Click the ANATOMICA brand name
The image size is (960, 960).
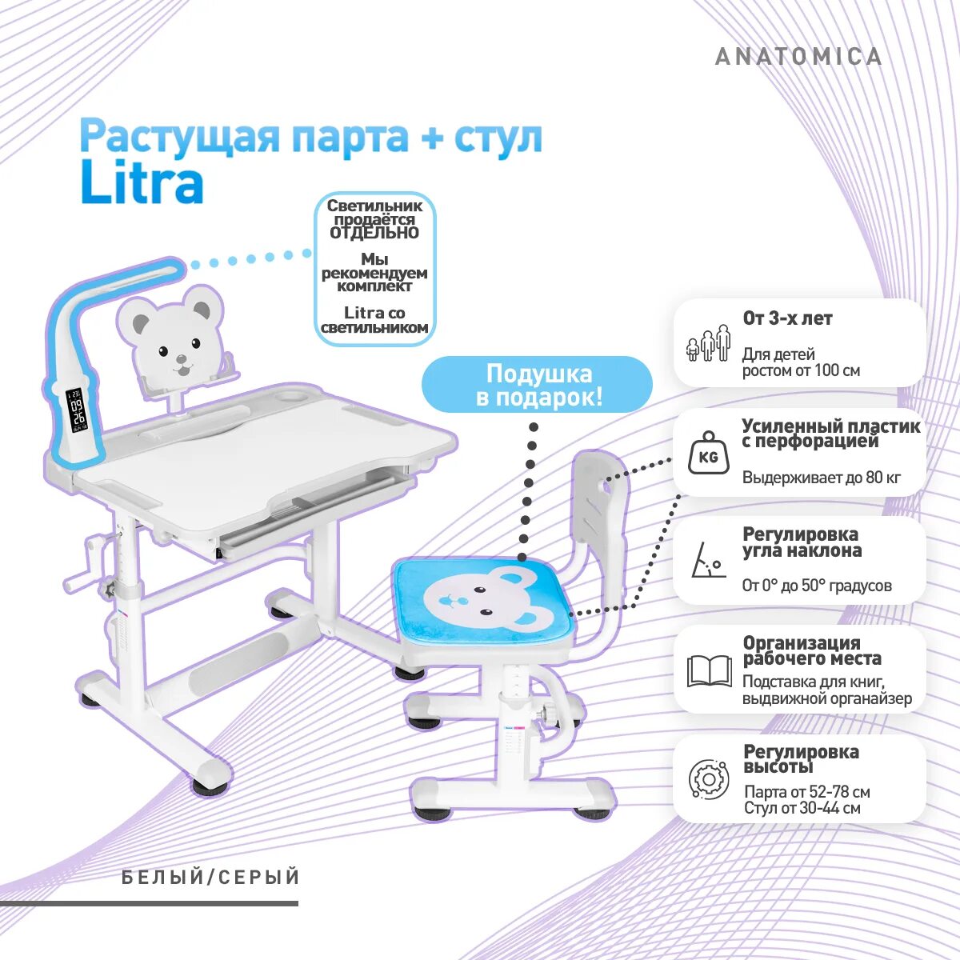tap(798, 57)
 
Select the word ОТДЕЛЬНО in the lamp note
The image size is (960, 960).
tap(374, 233)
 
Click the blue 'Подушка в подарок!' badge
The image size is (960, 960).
tap(538, 386)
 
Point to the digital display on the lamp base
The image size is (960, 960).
tap(77, 410)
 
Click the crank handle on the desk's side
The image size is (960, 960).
tap(88, 565)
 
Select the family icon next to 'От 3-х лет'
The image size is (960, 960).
tap(709, 344)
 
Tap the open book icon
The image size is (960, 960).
tap(710, 671)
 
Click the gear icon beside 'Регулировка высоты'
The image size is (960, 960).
tap(709, 778)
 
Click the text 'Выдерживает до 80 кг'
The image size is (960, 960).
tap(821, 478)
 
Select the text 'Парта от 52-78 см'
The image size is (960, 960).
tap(806, 791)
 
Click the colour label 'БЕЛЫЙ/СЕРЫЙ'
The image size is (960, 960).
tap(211, 878)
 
